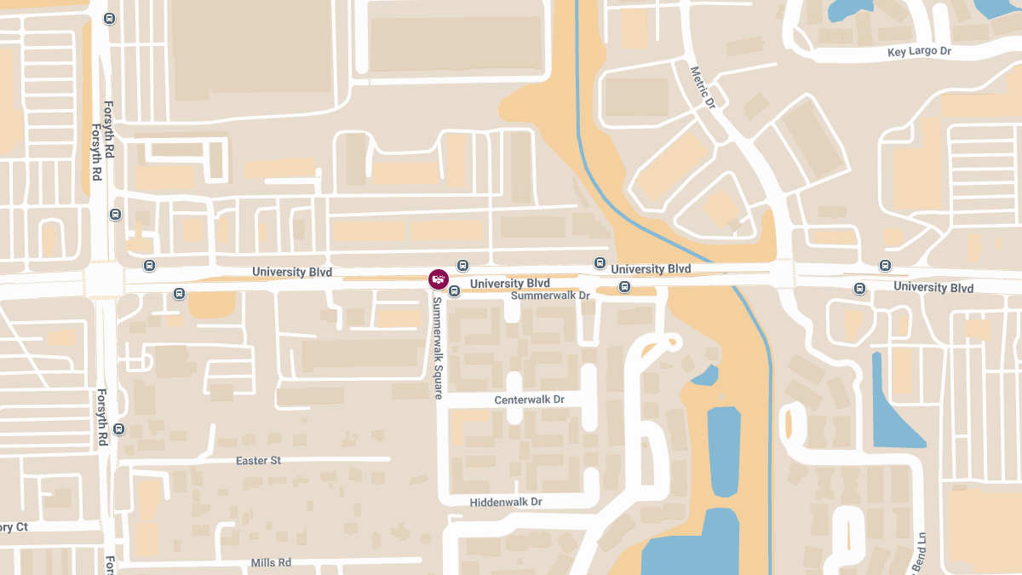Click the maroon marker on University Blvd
point(438,279)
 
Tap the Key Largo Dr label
point(919,51)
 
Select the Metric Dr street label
point(703,88)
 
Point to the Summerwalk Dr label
point(549,296)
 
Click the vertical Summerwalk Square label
point(437,348)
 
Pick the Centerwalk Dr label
point(529,400)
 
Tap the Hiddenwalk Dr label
point(506,503)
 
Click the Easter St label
point(258,461)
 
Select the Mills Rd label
point(271,563)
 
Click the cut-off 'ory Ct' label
point(14,527)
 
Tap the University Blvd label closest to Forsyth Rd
point(292,272)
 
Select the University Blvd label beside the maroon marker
point(509,283)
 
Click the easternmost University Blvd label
point(933,288)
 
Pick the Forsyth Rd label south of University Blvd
point(101,417)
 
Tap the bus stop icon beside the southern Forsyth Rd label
point(118,429)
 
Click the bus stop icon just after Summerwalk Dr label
point(624,287)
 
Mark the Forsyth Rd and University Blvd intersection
point(103,280)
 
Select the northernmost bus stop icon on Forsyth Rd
point(109,18)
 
